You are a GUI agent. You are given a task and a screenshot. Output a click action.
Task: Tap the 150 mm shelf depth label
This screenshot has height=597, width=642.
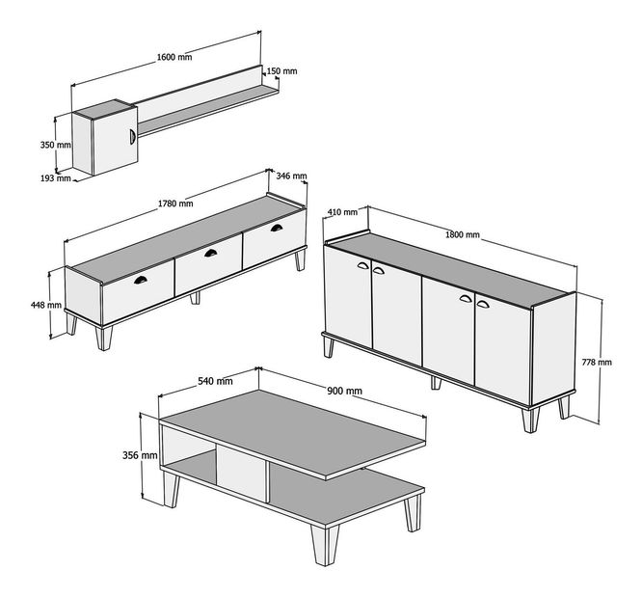coord(281,71)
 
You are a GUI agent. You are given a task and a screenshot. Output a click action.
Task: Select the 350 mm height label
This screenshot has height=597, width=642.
coord(55,145)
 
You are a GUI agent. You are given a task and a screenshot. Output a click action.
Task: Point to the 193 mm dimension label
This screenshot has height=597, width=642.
coord(55,177)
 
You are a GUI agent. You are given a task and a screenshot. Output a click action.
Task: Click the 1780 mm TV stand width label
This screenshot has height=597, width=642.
coord(175,204)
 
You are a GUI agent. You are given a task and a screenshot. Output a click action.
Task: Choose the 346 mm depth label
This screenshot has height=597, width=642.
coord(291,176)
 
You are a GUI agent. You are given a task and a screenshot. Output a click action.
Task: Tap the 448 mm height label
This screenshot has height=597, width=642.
coord(46,305)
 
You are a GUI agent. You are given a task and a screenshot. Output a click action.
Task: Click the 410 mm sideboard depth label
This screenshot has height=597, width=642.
coord(342,212)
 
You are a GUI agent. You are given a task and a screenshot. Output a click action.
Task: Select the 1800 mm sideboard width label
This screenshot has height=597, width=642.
coord(463,234)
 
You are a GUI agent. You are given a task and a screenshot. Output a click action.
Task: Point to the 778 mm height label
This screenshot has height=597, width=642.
coord(597,362)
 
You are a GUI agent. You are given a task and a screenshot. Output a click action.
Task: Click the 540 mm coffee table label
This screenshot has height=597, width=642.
coord(215,381)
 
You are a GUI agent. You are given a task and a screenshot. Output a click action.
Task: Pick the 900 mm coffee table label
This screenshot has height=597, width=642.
coord(344,390)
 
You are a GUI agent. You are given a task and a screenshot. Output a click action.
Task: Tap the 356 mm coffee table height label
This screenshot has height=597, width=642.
coord(142,454)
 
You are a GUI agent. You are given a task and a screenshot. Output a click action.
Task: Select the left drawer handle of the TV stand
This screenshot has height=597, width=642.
coord(141,280)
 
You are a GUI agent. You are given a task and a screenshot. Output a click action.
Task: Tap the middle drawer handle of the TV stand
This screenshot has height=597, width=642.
coord(210,253)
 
